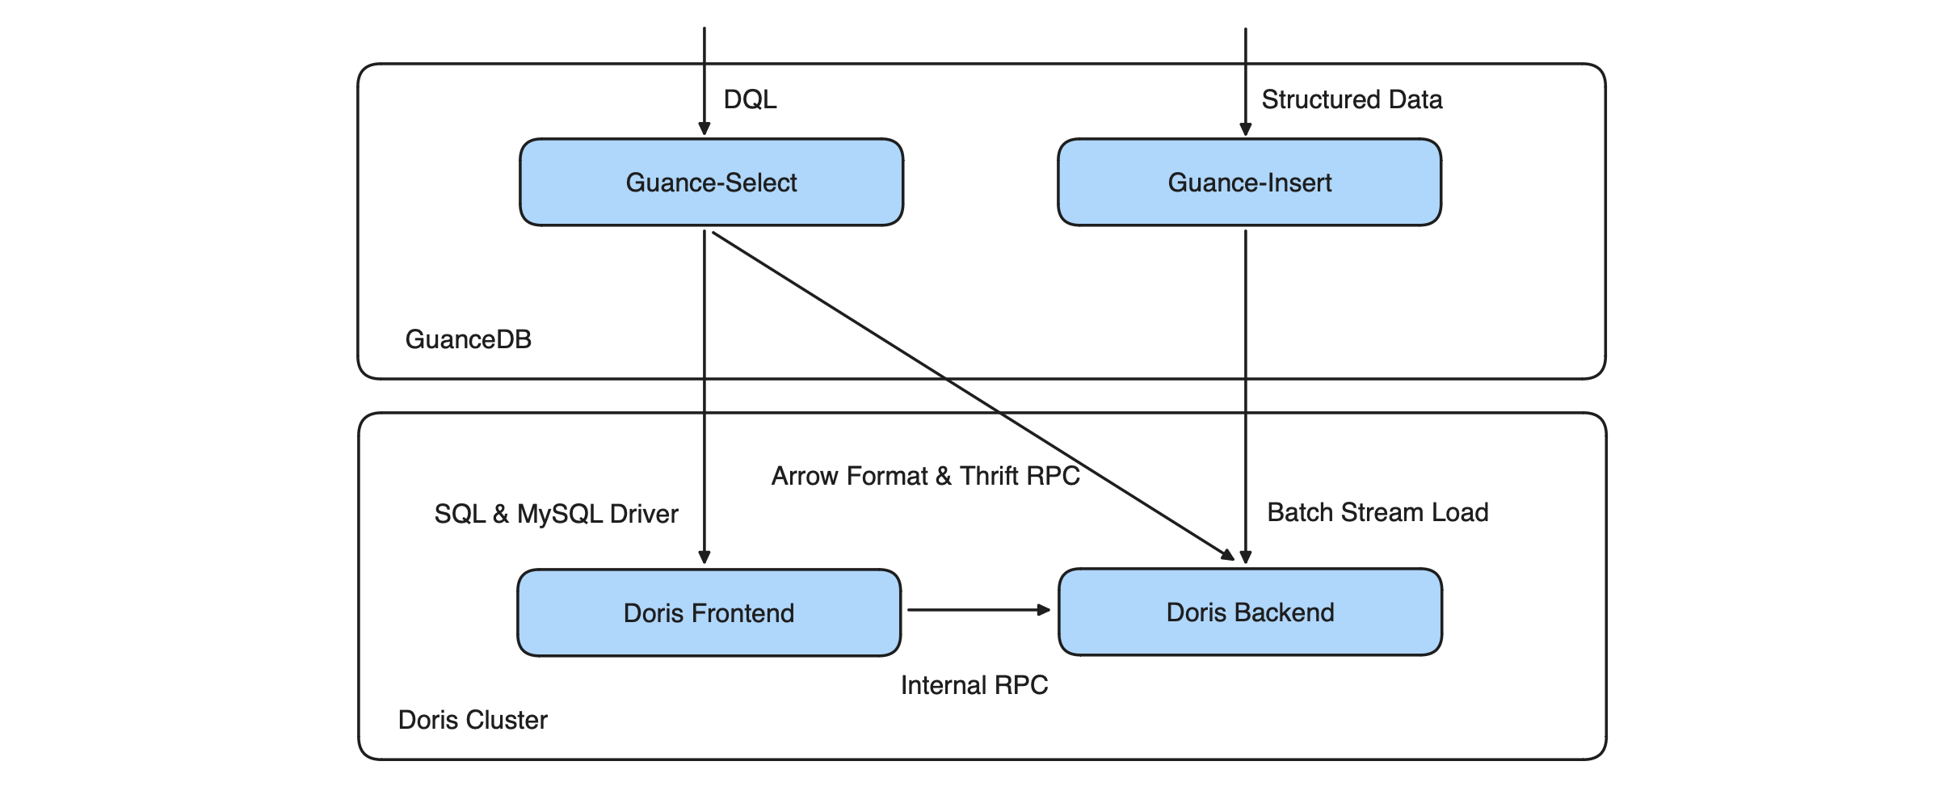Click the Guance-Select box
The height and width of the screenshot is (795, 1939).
(711, 183)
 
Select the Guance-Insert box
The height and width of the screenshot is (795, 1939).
(1249, 183)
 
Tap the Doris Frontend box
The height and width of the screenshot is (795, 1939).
(709, 612)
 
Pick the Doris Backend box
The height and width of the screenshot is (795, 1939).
(1250, 612)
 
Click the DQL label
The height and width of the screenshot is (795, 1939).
(750, 99)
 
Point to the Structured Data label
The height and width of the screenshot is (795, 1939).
(1352, 99)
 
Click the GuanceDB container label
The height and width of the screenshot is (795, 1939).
(468, 339)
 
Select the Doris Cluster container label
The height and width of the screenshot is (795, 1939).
(473, 720)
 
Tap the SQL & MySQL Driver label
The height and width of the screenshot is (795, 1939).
(556, 514)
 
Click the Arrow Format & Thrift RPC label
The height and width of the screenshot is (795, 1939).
(925, 476)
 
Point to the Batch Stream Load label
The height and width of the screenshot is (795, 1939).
(1377, 512)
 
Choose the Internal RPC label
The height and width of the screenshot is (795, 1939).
(974, 685)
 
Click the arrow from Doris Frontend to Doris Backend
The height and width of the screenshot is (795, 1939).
(978, 610)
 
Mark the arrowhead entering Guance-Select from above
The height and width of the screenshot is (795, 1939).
(705, 128)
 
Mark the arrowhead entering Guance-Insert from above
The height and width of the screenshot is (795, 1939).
(1246, 128)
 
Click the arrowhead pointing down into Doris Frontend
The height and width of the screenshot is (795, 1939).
(705, 557)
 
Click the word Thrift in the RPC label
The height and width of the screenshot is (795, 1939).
(989, 476)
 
